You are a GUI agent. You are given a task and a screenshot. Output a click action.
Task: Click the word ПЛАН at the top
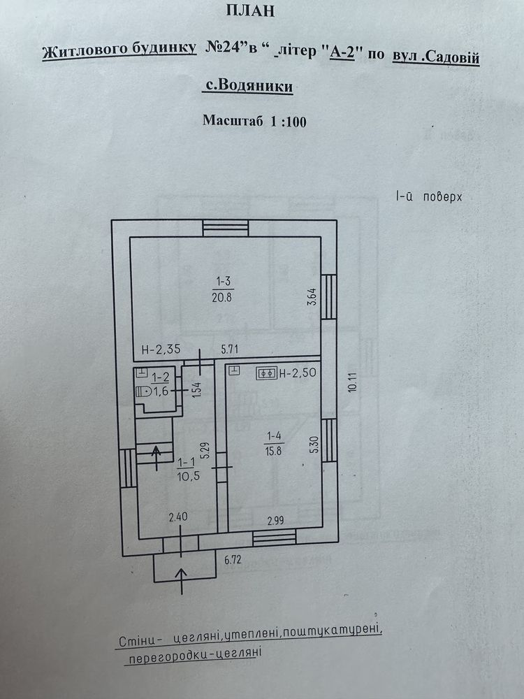(x=250, y=10)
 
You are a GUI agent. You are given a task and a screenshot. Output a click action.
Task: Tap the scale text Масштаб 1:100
(x=254, y=121)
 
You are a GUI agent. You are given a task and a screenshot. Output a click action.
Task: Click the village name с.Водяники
(x=249, y=85)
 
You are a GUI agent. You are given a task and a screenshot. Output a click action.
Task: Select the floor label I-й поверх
(x=429, y=196)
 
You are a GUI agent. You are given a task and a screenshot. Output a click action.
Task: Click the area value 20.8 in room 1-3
(x=222, y=297)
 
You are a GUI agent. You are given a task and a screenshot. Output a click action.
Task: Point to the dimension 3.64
(x=312, y=296)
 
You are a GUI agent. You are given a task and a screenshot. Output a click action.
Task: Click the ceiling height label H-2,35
(x=161, y=349)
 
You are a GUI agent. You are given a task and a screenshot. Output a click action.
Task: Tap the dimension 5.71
(x=229, y=349)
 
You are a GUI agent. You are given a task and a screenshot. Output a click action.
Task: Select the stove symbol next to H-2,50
(x=266, y=373)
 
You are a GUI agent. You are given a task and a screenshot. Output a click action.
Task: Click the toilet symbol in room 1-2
(x=143, y=392)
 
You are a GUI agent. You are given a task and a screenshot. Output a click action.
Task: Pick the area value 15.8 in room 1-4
(x=273, y=451)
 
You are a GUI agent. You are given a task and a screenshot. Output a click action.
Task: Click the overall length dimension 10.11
(x=354, y=382)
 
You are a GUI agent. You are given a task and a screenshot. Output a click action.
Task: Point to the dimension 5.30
(x=314, y=445)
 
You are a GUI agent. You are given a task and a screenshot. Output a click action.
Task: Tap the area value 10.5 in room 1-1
(x=189, y=476)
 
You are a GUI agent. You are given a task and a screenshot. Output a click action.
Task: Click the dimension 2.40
(x=177, y=517)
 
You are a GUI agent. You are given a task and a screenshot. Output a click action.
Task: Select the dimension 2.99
(x=275, y=520)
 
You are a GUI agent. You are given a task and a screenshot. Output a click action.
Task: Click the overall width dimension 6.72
(x=233, y=559)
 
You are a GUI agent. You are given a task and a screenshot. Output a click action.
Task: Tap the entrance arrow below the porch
(x=182, y=581)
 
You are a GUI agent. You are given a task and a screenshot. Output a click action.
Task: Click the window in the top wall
(x=226, y=228)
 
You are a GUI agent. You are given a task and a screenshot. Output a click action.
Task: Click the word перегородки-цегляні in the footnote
(x=193, y=656)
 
